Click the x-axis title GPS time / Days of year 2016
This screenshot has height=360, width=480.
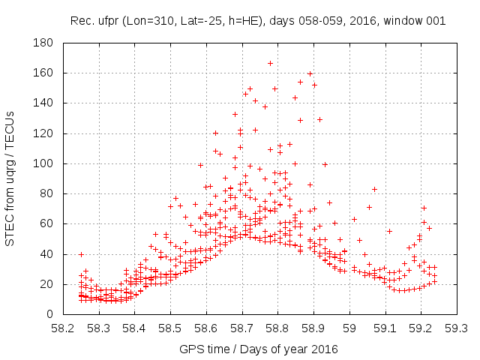[x=259, y=349]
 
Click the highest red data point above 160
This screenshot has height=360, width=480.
[x=271, y=63]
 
